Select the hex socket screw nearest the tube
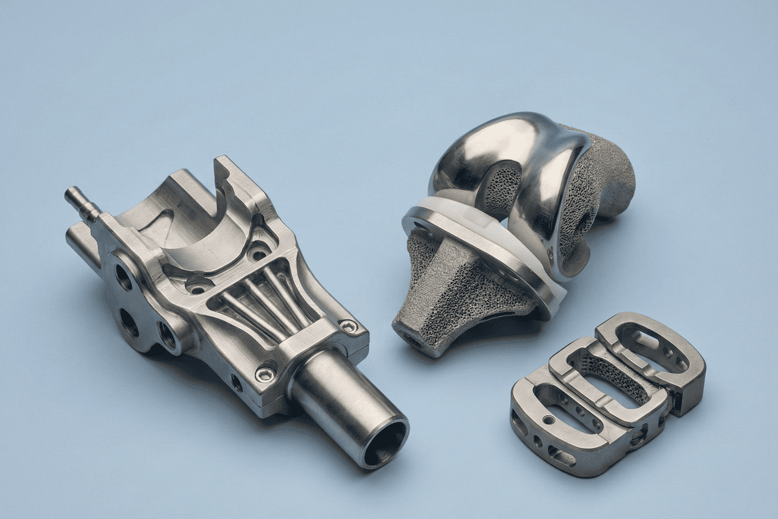pyautogui.click(x=265, y=374)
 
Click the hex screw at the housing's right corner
pyautogui.click(x=349, y=326)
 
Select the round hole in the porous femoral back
pyautogui.click(x=589, y=217)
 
